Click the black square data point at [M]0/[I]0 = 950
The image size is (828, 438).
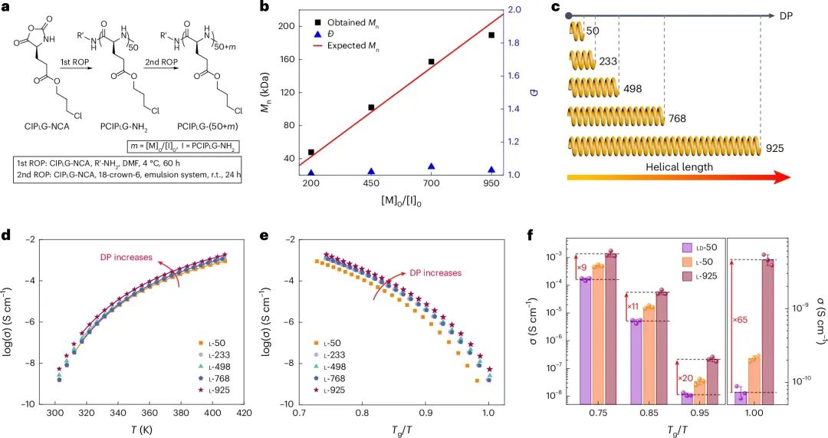[x=491, y=35]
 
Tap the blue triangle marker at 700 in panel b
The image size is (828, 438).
[x=431, y=166]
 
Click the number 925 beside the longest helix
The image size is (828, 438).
[x=775, y=144]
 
